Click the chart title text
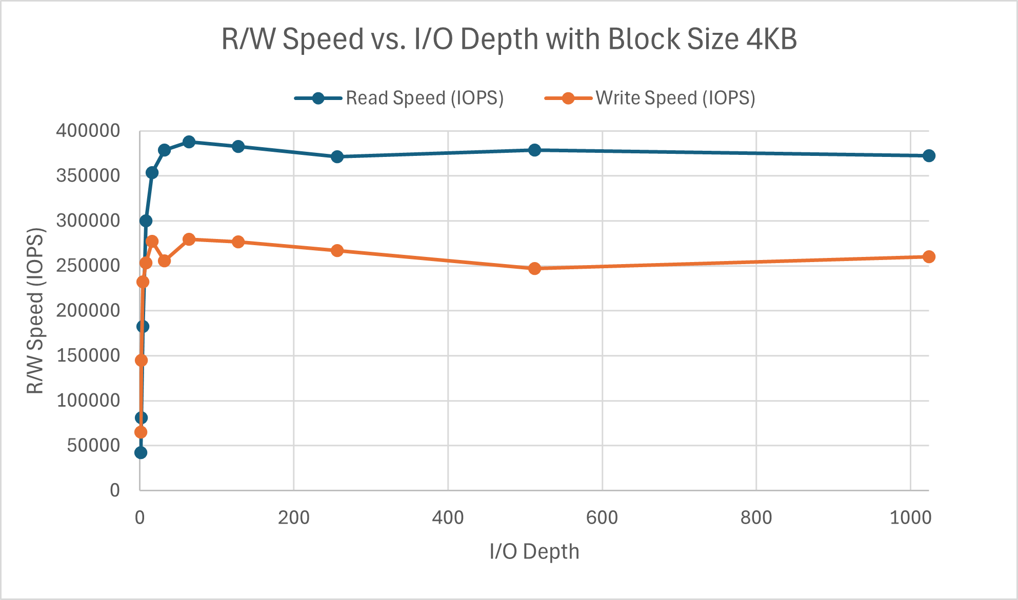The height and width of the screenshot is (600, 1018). click(509, 39)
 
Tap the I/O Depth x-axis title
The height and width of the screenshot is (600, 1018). click(534, 552)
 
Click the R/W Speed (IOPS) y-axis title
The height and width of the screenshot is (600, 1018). click(35, 311)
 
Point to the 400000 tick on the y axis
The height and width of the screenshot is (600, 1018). click(88, 131)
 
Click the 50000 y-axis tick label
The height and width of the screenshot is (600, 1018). click(93, 445)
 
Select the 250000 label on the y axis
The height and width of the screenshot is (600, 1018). click(88, 266)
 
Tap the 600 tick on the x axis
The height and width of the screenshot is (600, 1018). click(602, 518)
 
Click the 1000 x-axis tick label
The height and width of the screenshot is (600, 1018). click(910, 518)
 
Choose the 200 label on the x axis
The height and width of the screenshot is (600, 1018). click(293, 518)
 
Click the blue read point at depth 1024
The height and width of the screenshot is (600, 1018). click(929, 156)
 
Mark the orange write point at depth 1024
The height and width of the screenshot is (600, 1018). click(929, 257)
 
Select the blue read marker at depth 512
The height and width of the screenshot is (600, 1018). click(534, 150)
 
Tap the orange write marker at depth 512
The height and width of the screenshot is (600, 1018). click(534, 269)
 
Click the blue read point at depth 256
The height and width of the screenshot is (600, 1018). click(337, 157)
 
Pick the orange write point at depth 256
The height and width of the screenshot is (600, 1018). click(337, 251)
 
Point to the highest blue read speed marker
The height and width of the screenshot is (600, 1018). click(189, 142)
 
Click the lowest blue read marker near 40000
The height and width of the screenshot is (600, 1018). click(141, 453)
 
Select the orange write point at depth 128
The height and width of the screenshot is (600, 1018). click(238, 242)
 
